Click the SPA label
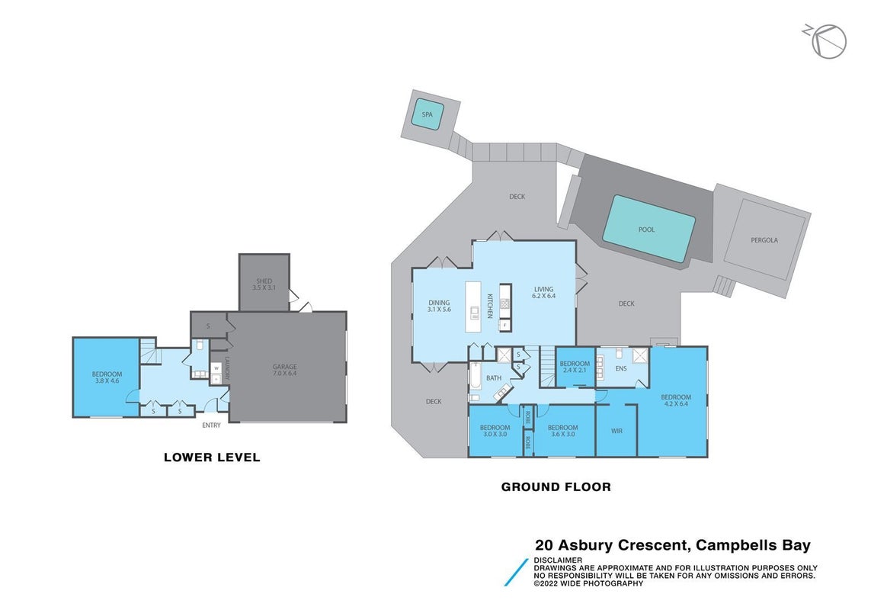coord(427,114)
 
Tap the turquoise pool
coord(648,229)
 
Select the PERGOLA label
coord(764,240)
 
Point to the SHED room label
coord(264,281)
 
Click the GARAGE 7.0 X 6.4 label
coord(284,370)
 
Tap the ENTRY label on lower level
coord(211,425)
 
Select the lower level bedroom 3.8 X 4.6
coord(107,377)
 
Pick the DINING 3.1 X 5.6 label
coord(439,306)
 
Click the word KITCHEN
coord(490,306)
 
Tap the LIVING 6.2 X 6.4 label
coord(543,293)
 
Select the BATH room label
coord(494,378)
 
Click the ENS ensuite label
coord(621,369)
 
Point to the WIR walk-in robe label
coord(616,431)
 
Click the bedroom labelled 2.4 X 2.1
coord(575,367)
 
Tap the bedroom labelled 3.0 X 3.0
coord(495,431)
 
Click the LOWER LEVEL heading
coord(212,457)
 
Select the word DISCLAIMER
coord(558,560)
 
